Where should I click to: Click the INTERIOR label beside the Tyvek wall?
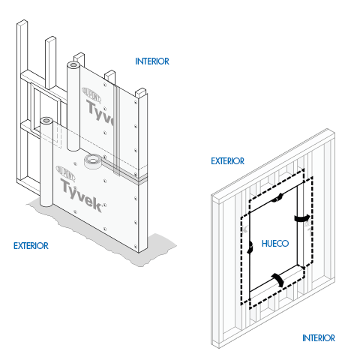click(152, 61)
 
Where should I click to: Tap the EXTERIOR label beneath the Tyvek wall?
click(31, 245)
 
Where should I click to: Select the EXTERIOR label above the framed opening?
click(228, 160)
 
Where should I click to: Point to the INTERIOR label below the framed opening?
click(319, 337)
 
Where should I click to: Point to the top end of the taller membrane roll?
click(73, 65)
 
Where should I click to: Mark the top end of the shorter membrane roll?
click(46, 120)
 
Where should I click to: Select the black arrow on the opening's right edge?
click(303, 218)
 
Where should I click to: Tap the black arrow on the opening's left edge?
click(248, 248)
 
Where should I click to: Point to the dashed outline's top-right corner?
click(302, 171)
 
